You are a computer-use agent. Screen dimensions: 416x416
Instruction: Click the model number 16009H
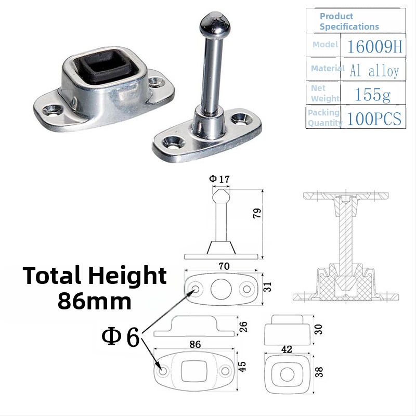click(x=374, y=46)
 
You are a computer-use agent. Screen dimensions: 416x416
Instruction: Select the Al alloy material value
click(x=374, y=71)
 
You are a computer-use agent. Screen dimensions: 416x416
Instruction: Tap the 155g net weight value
click(x=372, y=95)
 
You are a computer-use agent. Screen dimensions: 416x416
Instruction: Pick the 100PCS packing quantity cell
click(x=374, y=119)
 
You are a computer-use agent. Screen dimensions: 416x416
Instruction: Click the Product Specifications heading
click(x=349, y=21)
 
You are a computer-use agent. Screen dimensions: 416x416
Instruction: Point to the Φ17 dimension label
click(x=219, y=179)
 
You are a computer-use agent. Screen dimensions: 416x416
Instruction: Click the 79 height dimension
click(x=257, y=213)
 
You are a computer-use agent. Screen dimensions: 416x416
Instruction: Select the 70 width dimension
click(x=224, y=266)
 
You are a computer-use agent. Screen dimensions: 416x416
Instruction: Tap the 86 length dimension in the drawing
click(x=195, y=344)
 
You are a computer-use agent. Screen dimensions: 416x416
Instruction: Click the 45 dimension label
click(x=242, y=366)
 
